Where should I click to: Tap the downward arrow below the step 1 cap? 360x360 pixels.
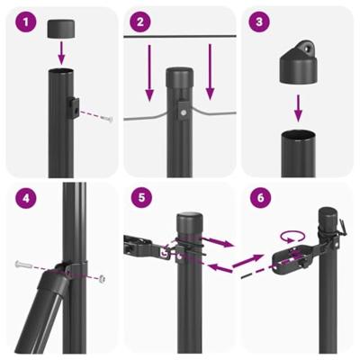61,54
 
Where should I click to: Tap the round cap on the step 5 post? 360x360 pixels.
190,221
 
